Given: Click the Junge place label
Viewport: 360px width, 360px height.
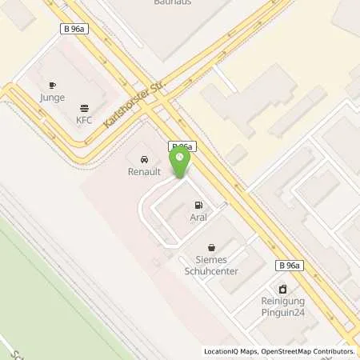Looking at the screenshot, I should coord(52,98).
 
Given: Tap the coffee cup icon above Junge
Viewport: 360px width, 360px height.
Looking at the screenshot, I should coord(52,85).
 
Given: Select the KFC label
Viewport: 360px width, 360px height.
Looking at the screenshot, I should coord(84,121).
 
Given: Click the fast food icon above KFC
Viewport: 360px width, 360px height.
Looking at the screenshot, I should coord(84,108).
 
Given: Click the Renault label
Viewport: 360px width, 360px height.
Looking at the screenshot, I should coord(144,171).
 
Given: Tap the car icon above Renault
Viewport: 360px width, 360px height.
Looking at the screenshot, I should coord(144,158).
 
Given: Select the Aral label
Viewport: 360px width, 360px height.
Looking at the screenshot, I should coord(199,218).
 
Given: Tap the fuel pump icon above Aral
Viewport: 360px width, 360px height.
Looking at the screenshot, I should coord(199,205).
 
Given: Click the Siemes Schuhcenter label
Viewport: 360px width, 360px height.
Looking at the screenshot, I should coord(212,264).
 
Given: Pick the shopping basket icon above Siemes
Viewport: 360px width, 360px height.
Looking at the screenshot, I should coord(211,247).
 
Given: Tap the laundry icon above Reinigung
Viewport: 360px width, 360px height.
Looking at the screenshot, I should coord(282,290).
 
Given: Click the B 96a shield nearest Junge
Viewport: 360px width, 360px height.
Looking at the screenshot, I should coord(74,28).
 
